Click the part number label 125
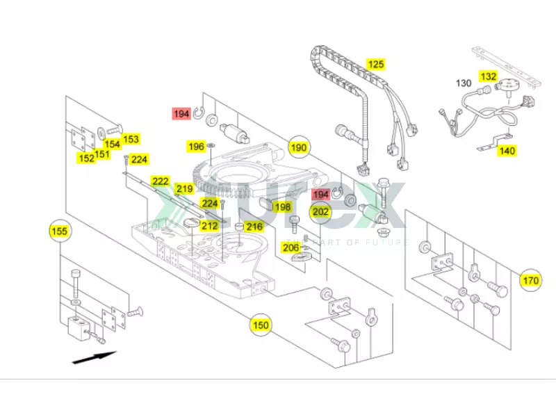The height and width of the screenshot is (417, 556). [375, 65]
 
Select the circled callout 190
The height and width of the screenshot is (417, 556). [299, 147]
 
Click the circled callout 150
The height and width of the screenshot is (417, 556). [260, 325]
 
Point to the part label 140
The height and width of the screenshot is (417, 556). [507, 150]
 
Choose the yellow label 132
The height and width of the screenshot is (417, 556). [489, 76]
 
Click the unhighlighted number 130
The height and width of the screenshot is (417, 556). [464, 83]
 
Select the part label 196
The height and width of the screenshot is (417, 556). [197, 147]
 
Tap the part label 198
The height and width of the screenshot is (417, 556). [281, 206]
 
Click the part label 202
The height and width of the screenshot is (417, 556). [320, 212]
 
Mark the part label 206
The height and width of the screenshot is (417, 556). [291, 247]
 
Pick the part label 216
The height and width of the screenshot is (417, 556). [254, 227]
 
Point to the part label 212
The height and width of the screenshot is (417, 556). [209, 225]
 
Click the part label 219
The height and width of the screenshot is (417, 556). [183, 189]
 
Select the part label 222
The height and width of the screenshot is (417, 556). [161, 181]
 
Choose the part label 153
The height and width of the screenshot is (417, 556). [131, 139]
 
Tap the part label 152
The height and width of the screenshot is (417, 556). [86, 158]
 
